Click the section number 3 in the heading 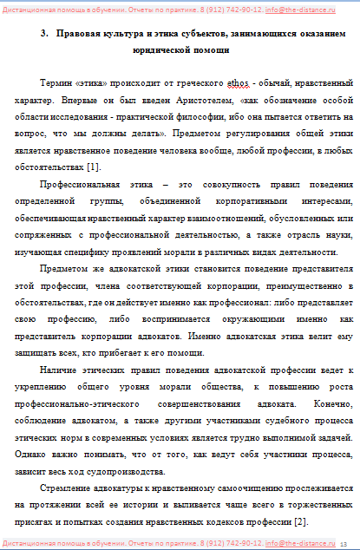(43, 36)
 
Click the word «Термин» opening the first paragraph (57, 84)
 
